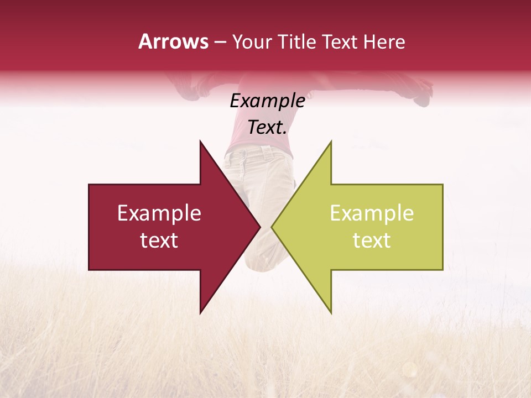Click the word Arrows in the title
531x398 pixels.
point(173,41)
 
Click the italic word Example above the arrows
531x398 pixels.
point(267,101)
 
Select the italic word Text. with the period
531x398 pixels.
point(267,128)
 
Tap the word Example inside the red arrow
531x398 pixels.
point(159,213)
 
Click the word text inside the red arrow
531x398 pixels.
point(159,240)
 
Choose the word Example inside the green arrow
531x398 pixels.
point(372,213)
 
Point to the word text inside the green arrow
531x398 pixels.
point(372,240)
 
